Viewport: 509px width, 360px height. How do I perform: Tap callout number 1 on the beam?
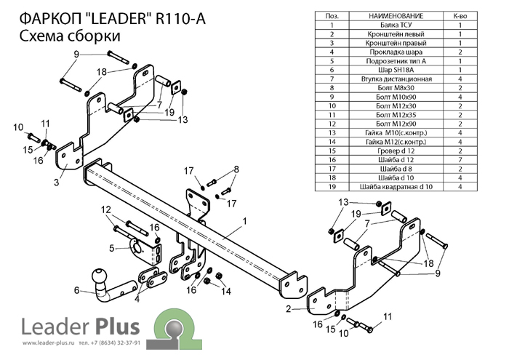[x=245, y=220]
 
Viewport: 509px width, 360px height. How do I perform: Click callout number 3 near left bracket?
[x=56, y=183]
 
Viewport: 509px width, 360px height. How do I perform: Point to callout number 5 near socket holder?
[x=112, y=249]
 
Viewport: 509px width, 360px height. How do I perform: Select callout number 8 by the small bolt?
[x=236, y=169]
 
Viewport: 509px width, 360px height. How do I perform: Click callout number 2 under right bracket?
[x=289, y=309]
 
